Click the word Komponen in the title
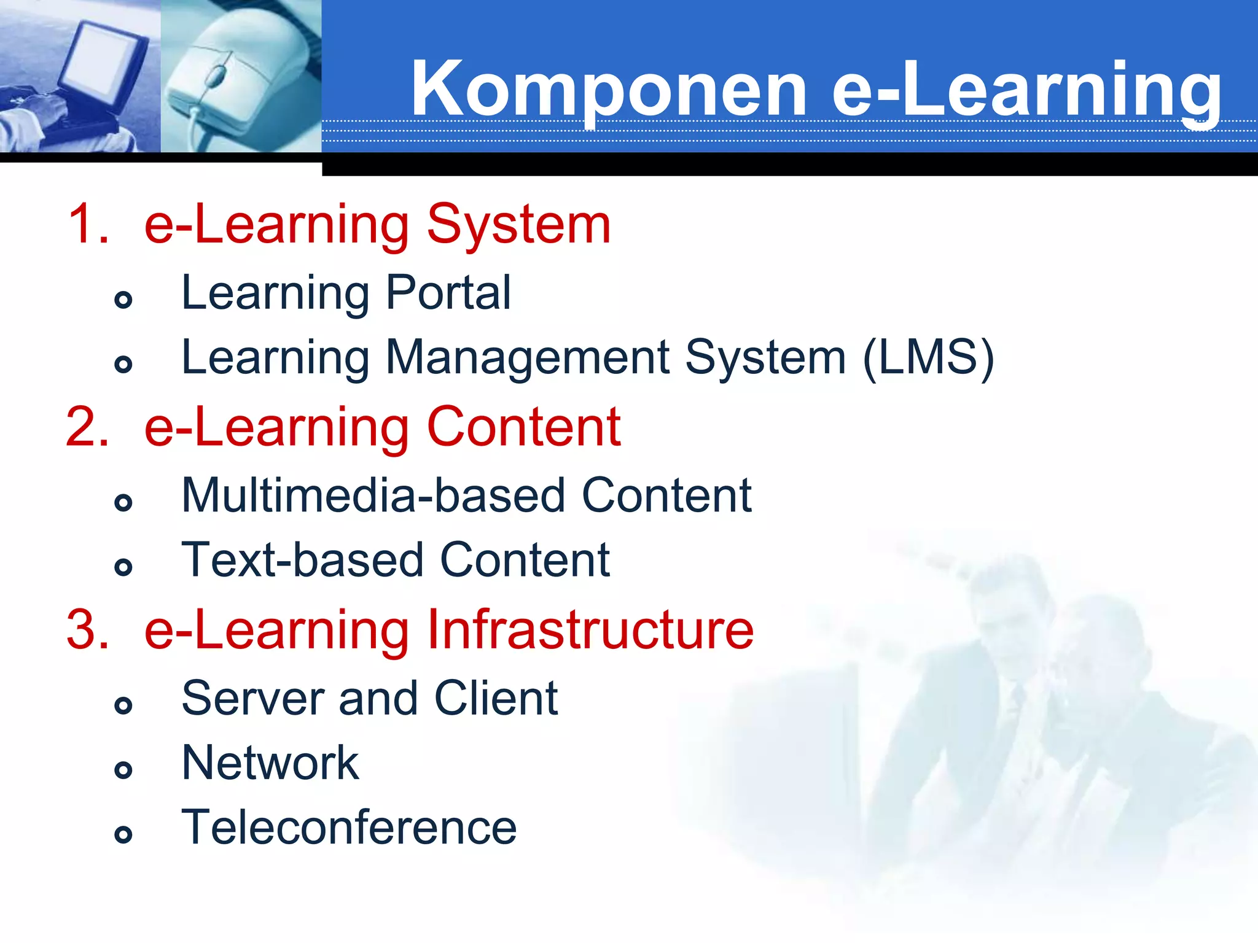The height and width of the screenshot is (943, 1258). pyautogui.click(x=608, y=89)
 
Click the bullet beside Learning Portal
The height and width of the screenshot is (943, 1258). pyautogui.click(x=123, y=300)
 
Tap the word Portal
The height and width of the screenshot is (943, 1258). pyautogui.click(x=448, y=293)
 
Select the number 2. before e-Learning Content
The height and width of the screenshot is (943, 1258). pyautogui.click(x=88, y=427)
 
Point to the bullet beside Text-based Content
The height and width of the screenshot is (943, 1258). pyautogui.click(x=123, y=567)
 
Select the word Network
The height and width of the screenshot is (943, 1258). pyautogui.click(x=270, y=763)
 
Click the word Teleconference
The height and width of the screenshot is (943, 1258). pyautogui.click(x=349, y=828)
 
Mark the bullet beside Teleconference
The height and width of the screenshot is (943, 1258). pyautogui.click(x=123, y=834)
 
